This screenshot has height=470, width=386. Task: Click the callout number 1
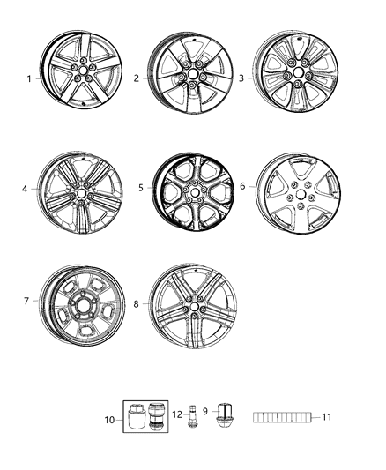click(28, 78)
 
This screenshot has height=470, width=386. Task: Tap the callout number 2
click(137, 78)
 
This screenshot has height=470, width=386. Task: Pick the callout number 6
click(243, 187)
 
